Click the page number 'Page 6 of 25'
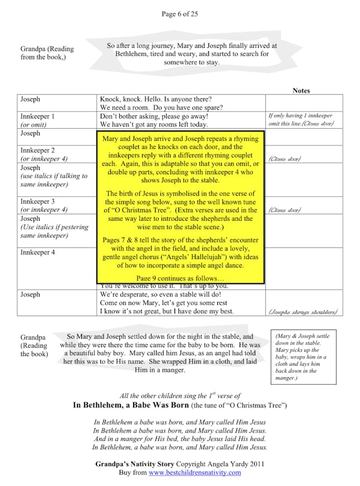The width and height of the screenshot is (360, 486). (179, 14)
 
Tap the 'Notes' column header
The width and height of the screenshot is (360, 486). (301, 90)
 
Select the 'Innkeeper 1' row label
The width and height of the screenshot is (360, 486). (38, 116)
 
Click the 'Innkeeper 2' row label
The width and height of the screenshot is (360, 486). (38, 150)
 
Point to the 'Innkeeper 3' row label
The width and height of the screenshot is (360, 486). (38, 201)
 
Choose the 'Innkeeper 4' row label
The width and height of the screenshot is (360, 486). (38, 252)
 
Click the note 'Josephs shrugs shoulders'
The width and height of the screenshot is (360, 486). (303, 312)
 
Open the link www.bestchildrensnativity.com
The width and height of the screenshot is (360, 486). (194, 473)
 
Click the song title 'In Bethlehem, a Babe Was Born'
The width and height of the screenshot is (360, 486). (131, 405)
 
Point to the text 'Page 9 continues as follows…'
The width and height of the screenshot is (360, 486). (180, 278)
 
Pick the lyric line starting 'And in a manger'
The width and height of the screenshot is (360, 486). (179, 438)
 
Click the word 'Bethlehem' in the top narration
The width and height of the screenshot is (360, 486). (133, 54)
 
